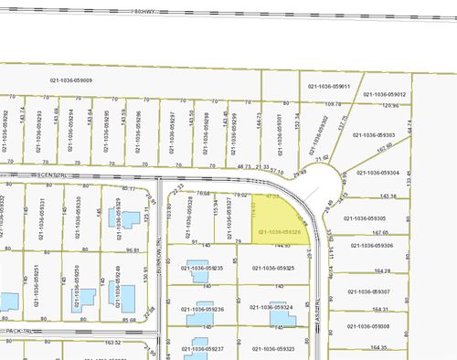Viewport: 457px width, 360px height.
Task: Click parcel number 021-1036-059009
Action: coord(70,80)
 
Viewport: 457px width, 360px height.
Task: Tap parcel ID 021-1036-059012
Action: coord(385,95)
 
